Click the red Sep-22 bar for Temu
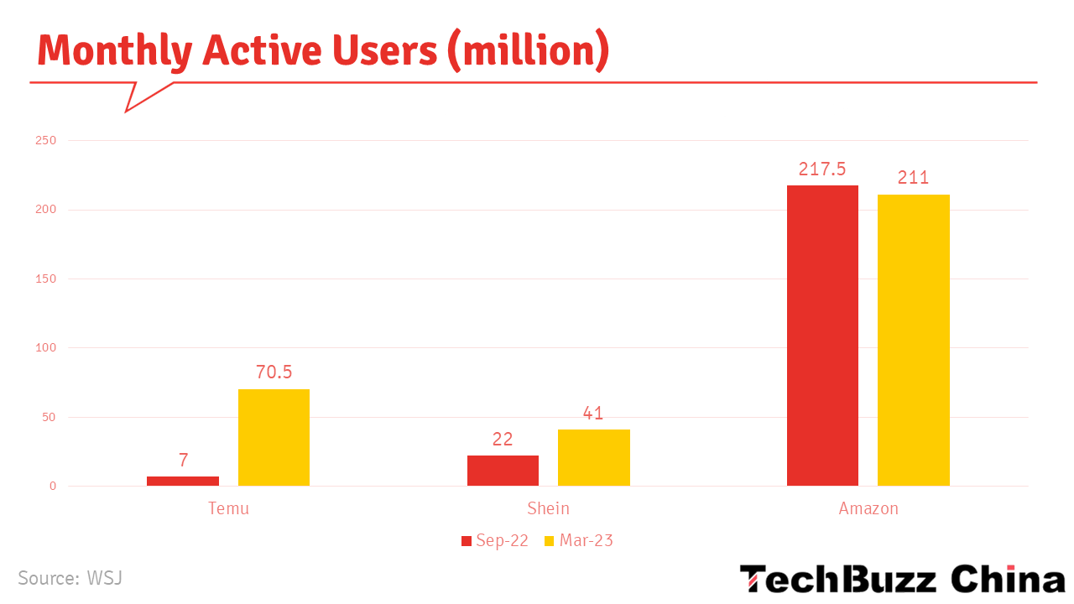click(183, 481)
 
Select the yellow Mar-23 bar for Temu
click(274, 437)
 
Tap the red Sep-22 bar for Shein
click(503, 471)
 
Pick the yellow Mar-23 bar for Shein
click(593, 457)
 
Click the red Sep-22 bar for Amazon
click(822, 336)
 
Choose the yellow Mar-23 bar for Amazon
click(913, 340)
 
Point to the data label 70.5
click(274, 372)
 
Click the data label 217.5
click(822, 169)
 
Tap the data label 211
click(913, 178)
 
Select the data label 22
click(503, 439)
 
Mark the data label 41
click(593, 414)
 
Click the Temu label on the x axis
click(228, 508)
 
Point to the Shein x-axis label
click(548, 508)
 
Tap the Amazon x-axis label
click(868, 508)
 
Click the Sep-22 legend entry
click(494, 541)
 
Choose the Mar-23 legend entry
click(578, 541)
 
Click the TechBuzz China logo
click(902, 579)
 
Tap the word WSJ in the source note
click(104, 578)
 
